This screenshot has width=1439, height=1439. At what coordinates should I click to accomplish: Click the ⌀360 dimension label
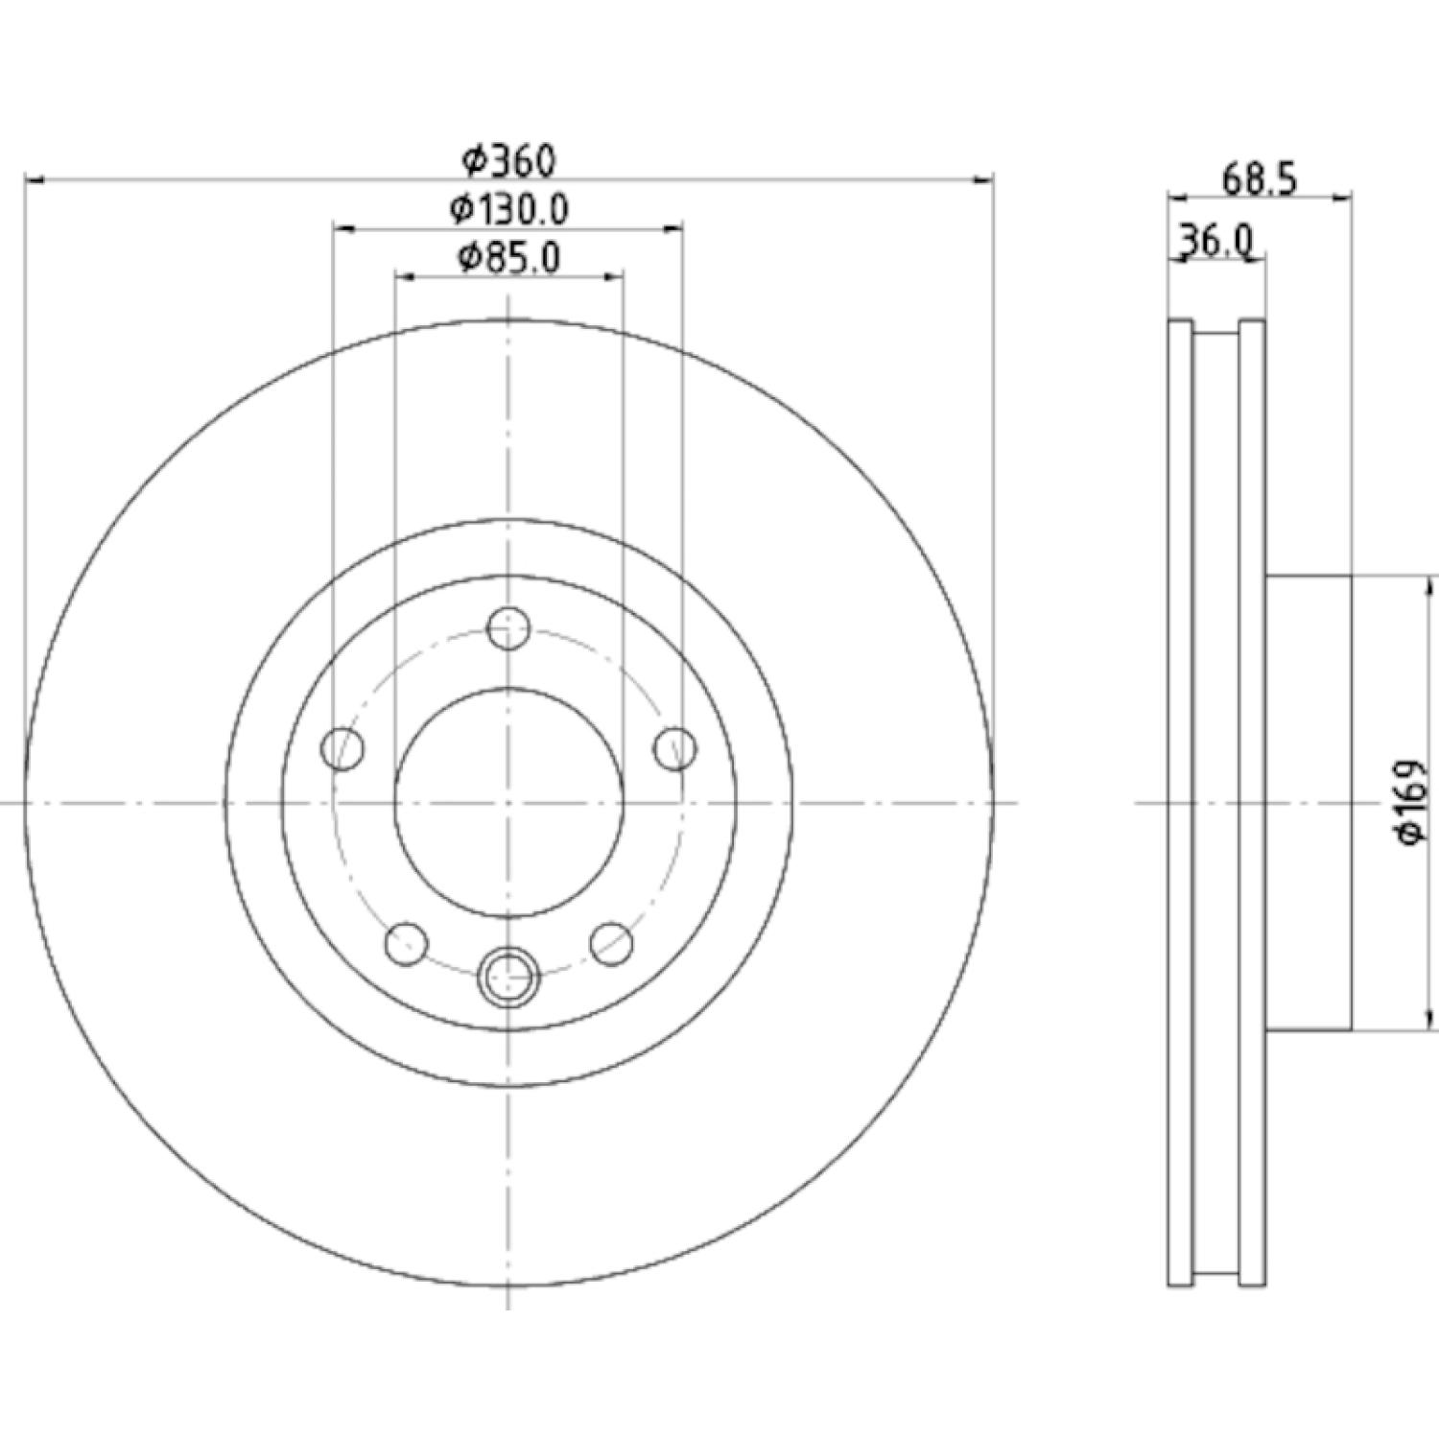click(508, 160)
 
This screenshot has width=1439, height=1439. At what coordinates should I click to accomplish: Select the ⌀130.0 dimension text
click(509, 209)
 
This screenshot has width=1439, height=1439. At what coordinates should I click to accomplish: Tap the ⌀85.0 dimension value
click(509, 258)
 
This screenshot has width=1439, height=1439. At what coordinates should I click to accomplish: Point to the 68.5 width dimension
click(1260, 178)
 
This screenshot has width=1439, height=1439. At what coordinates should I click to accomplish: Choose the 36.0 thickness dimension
click(1215, 241)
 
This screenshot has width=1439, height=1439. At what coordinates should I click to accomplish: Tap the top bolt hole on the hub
click(508, 628)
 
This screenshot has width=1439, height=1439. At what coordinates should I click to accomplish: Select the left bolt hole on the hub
click(342, 748)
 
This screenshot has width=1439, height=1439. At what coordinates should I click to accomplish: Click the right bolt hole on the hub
click(675, 748)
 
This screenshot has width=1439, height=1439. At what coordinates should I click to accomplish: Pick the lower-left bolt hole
click(406, 944)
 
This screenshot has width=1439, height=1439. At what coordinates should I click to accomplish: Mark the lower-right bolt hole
click(612, 944)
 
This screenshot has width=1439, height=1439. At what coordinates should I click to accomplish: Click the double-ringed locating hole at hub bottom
click(508, 977)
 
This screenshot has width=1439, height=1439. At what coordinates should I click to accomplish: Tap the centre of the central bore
click(508, 802)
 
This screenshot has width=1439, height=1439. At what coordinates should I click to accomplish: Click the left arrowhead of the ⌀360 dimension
click(35, 178)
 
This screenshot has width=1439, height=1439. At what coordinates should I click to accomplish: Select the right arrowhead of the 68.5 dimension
click(1342, 197)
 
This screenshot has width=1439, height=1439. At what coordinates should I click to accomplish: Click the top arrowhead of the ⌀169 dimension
click(1431, 586)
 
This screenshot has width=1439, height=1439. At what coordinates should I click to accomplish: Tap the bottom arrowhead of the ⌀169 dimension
click(1431, 1020)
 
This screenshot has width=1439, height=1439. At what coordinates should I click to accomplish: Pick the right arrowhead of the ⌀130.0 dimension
click(672, 228)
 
